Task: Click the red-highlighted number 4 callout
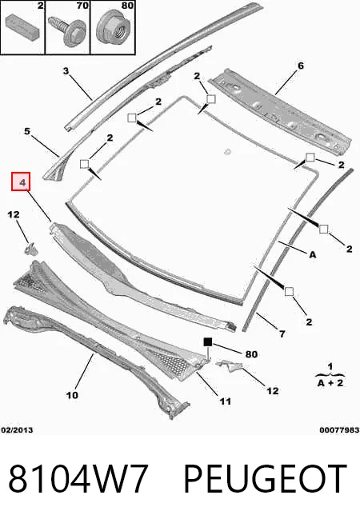[21, 182]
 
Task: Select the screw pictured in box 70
[68, 30]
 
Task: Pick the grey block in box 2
[22, 26]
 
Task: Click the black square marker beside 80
[208, 342]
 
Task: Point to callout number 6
[301, 66]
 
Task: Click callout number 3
[66, 70]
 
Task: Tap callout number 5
[27, 131]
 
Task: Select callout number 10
[72, 395]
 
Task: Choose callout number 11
[226, 401]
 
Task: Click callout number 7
[282, 333]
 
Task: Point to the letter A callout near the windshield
[313, 254]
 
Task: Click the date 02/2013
[17, 430]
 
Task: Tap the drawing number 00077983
[339, 430]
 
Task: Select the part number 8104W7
[78, 478]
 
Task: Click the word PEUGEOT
[266, 478]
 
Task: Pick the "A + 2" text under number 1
[330, 383]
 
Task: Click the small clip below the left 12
[30, 250]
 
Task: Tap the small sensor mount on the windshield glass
[227, 152]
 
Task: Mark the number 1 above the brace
[330, 366]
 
